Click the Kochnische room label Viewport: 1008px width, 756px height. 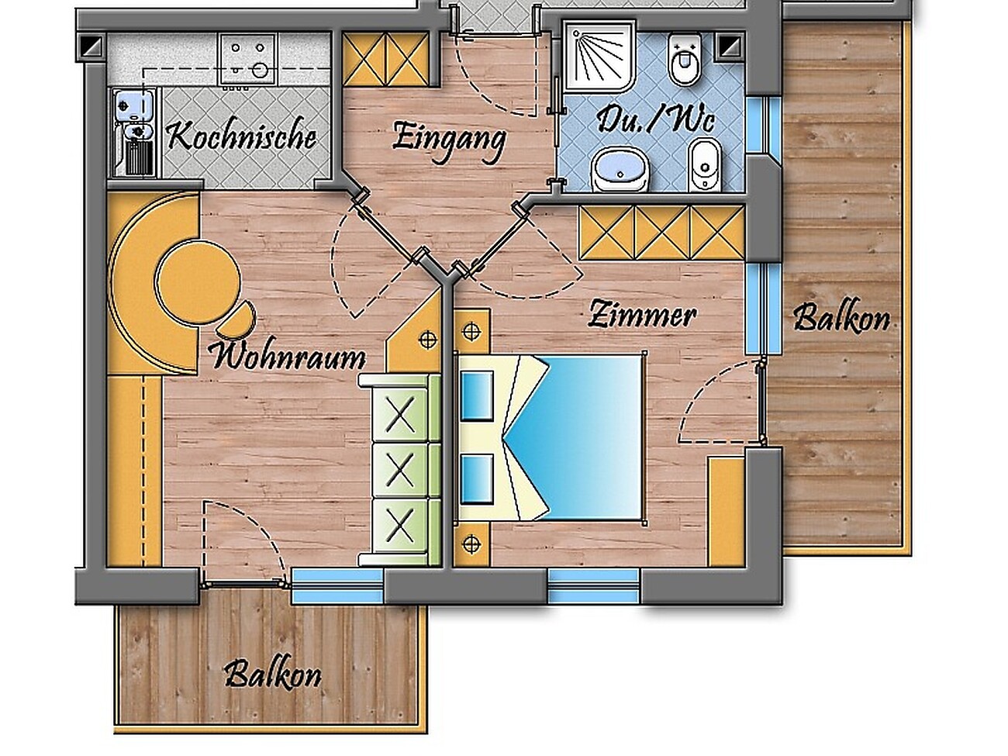coord(242,136)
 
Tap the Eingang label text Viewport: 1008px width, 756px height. coord(449,140)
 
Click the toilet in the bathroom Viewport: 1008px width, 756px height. coord(685,59)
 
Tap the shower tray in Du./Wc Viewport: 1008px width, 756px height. coord(599,57)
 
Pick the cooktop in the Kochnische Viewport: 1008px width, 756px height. coord(248,59)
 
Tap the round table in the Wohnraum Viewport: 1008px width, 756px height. coord(198,281)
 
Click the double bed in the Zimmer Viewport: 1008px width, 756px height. coord(551,437)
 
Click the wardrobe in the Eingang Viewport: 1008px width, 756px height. coord(386,59)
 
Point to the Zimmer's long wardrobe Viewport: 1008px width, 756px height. coord(661,233)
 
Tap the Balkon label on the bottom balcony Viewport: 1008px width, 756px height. coord(273,675)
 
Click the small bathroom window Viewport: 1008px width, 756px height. coord(762,125)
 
